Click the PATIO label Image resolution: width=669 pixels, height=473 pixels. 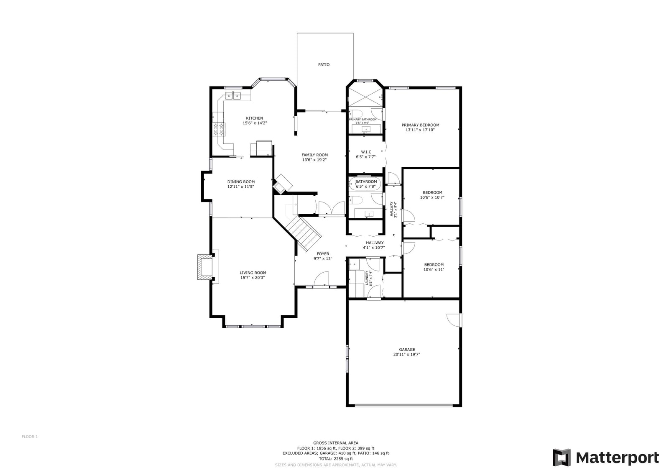pyautogui.click(x=324, y=65)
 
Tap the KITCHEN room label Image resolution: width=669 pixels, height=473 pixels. pyautogui.click(x=254, y=118)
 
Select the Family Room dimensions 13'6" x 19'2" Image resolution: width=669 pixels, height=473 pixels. pyautogui.click(x=314, y=160)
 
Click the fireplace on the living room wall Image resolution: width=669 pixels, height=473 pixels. pyautogui.click(x=204, y=267)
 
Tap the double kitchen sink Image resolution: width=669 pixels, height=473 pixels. pyautogui.click(x=232, y=97)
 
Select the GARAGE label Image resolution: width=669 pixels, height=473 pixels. pyautogui.click(x=406, y=350)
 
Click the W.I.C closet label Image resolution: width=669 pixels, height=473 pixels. pyautogui.click(x=366, y=152)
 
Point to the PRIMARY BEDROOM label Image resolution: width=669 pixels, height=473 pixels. pyautogui.click(x=420, y=125)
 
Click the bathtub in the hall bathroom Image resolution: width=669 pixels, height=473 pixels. pyautogui.click(x=366, y=184)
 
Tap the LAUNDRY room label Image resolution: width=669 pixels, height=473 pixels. pyautogui.click(x=367, y=278)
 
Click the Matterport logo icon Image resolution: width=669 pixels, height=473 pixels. pyautogui.click(x=561, y=458)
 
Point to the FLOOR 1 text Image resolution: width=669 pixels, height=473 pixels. pyautogui.click(x=30, y=437)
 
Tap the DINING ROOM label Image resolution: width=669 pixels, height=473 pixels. pyautogui.click(x=241, y=182)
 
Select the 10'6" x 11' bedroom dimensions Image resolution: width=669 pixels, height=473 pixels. pyautogui.click(x=434, y=270)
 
